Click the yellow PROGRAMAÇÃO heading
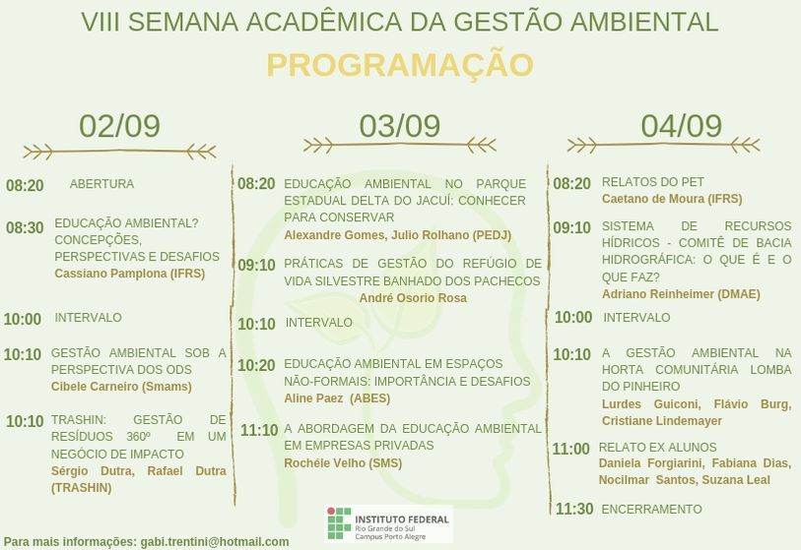pos(400,65)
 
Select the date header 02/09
pos(119,126)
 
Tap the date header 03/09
pos(399,126)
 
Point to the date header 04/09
pos(682,126)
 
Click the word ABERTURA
pos(101,184)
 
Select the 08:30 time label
pos(25,227)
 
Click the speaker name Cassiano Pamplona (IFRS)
pos(130,274)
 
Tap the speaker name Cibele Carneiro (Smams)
pos(121,387)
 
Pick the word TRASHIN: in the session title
pos(79,420)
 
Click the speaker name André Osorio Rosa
pos(413,298)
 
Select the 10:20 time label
pos(256,365)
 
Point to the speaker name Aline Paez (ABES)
pos(337,398)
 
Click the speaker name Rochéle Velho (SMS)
pos(343,463)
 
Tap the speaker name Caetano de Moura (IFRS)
pos(672,199)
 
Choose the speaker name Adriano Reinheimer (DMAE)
pos(681,294)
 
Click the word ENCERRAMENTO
pos(652,510)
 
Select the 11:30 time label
pos(574,509)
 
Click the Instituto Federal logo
pos(388,523)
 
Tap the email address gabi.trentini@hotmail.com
pos(215,542)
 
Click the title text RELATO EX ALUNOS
pos(657,448)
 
